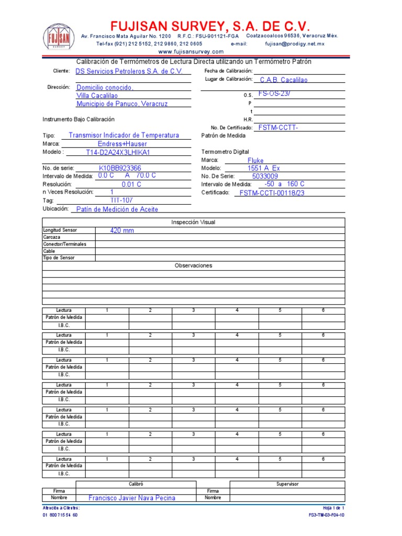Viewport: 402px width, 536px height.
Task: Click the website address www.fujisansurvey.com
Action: pos(191,51)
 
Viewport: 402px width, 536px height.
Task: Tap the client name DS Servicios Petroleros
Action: pos(129,71)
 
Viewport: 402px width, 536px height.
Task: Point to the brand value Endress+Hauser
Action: pos(122,143)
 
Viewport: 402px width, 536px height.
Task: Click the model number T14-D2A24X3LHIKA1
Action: pos(118,152)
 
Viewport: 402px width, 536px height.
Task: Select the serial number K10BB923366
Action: pos(120,168)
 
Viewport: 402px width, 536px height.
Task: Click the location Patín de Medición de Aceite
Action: pos(117,209)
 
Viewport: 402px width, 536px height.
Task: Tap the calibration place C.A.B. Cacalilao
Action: pos(284,80)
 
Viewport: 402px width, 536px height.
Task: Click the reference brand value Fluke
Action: pos(271,161)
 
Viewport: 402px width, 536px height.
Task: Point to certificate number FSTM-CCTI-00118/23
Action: pos(279,193)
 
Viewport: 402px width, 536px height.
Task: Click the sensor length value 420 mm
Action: pos(122,230)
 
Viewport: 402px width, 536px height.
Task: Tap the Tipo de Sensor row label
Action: pos(59,258)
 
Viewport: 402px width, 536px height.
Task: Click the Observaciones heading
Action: pos(193,265)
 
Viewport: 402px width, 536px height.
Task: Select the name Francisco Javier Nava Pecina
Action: pos(132,498)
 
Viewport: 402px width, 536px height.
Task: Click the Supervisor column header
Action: pos(287,484)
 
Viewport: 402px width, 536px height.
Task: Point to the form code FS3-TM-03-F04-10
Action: pos(327,515)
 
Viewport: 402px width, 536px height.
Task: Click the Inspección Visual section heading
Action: pos(193,222)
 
